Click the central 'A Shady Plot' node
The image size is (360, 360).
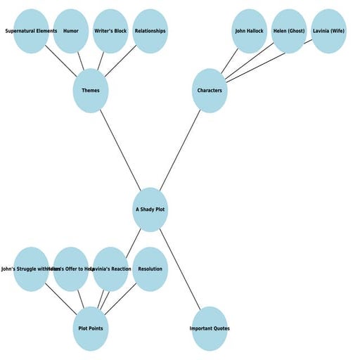[150, 210]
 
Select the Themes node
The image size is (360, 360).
[91, 91]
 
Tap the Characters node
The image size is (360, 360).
[210, 91]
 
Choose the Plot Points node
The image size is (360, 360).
[91, 328]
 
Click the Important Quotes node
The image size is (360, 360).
[210, 328]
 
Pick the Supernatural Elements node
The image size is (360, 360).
[31, 31]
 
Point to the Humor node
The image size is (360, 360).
[71, 31]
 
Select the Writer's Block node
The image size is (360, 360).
[110, 31]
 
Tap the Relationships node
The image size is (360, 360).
[150, 31]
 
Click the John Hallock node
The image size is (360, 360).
[249, 31]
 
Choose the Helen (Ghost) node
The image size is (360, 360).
[289, 31]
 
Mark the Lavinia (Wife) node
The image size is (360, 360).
[328, 31]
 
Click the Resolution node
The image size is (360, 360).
[150, 269]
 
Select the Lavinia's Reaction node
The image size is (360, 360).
[110, 269]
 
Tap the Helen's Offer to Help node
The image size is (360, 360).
[71, 269]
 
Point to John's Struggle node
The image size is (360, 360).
[31, 269]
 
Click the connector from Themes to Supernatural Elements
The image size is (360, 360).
[62, 62]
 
